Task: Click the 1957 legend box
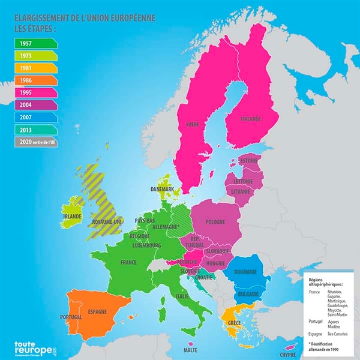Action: tap(35, 43)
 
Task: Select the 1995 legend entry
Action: tap(35, 93)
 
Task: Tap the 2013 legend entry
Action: tap(35, 130)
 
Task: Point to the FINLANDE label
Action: tap(250, 119)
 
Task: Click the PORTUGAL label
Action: tap(71, 317)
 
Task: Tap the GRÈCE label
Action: tap(234, 323)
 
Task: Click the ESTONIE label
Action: tap(248, 161)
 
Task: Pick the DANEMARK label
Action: tap(163, 189)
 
